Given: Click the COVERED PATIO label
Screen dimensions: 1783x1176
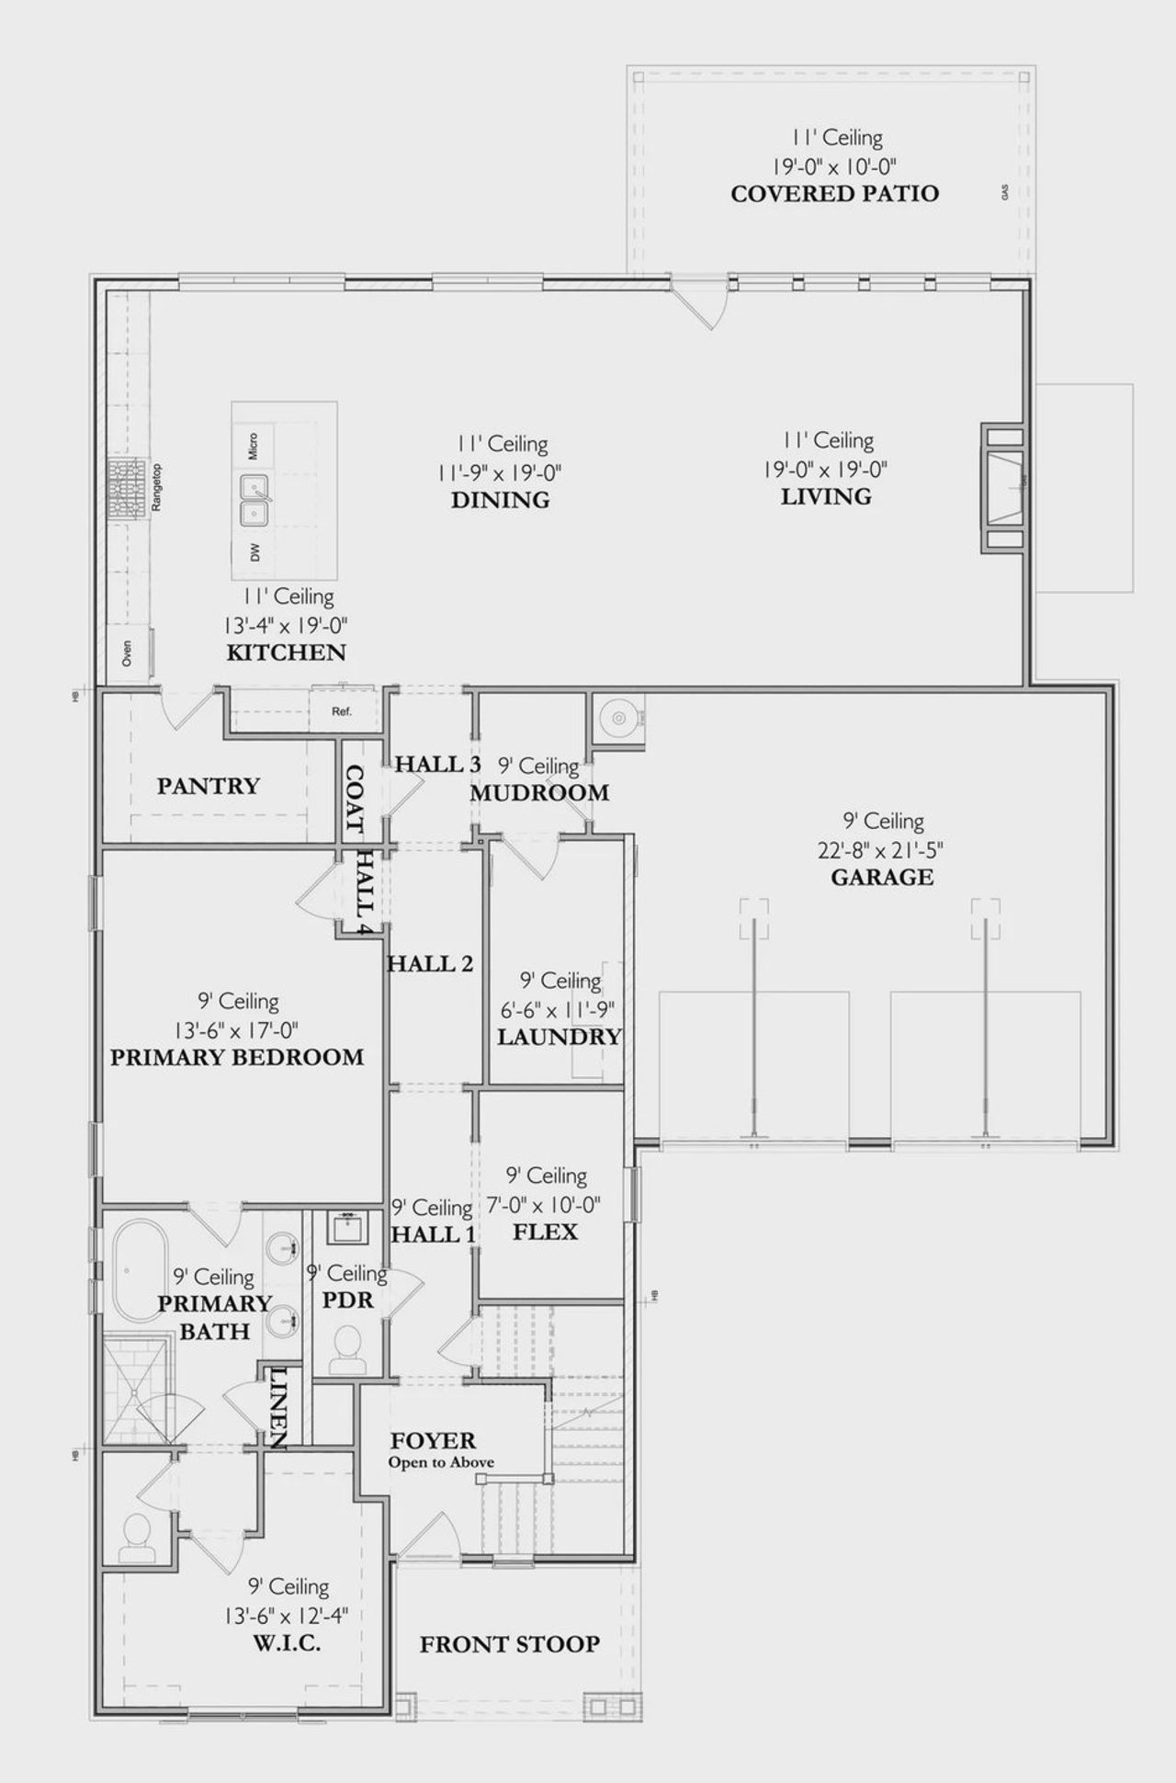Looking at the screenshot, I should tap(834, 194).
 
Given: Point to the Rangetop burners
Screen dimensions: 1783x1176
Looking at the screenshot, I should tap(123, 489).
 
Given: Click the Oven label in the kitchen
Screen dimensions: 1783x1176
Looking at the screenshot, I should tap(127, 653).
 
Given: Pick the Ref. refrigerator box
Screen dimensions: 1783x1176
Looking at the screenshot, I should tap(342, 710).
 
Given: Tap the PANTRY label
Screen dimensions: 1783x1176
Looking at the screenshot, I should tap(209, 786).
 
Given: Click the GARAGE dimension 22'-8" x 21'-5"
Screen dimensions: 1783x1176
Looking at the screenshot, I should tap(881, 849).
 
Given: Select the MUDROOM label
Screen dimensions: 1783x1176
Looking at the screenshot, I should tap(539, 793).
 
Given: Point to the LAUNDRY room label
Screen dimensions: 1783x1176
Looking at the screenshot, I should tap(559, 1037).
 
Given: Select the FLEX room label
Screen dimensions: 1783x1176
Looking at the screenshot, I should tap(545, 1232).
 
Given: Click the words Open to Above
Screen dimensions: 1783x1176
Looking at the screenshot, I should tap(441, 1462).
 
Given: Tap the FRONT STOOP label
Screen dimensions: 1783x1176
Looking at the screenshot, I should tap(510, 1644).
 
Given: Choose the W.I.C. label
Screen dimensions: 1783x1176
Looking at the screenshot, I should tap(285, 1643).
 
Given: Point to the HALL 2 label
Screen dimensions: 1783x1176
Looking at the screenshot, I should tap(430, 963).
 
